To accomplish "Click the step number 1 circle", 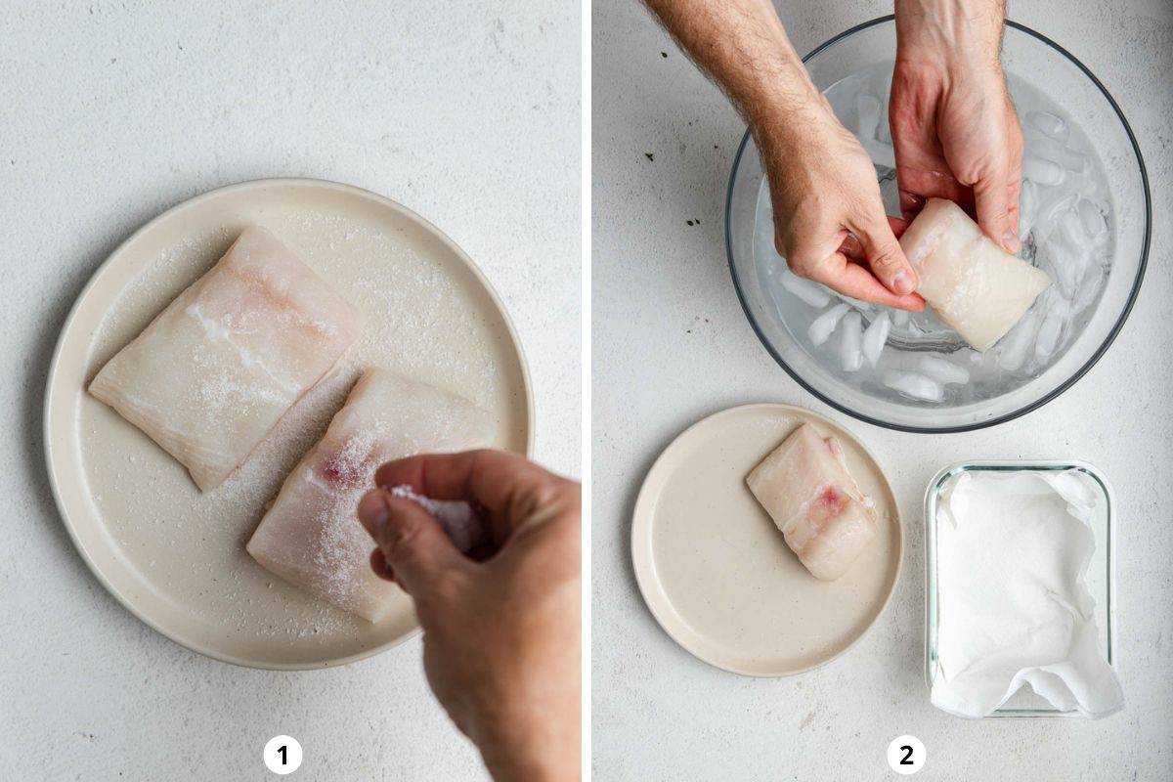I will [282, 755].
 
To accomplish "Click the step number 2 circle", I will [906, 755].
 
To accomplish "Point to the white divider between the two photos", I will [586, 391].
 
